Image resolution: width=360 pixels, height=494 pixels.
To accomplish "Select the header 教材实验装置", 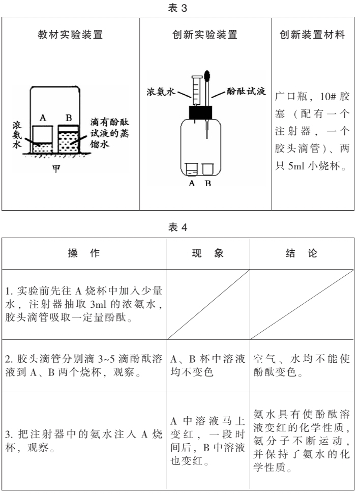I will [70, 35].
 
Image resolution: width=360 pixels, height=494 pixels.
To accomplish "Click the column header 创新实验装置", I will [204, 35].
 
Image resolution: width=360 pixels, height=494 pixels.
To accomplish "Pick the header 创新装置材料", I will [313, 35].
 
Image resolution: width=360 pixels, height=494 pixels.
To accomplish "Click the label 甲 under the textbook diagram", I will [56, 168].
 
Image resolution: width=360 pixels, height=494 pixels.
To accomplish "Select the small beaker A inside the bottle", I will [191, 169].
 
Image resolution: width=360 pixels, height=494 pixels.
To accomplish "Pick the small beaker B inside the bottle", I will [207, 169].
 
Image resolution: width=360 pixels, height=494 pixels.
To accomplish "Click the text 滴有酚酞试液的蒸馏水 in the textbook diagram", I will [108, 133].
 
